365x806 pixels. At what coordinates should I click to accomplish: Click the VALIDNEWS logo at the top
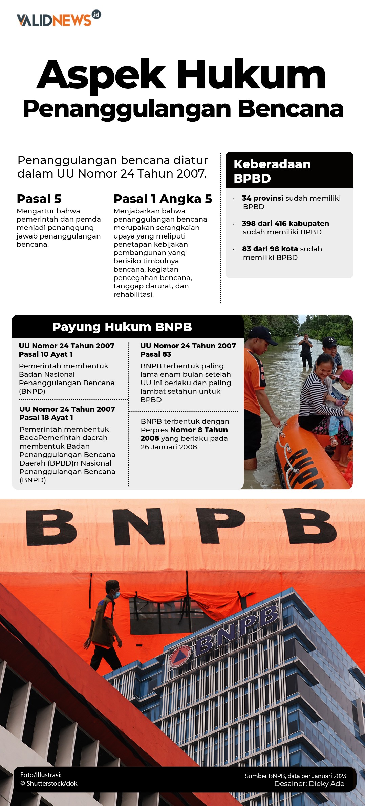(58, 19)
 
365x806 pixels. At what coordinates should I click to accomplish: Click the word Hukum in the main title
(251, 75)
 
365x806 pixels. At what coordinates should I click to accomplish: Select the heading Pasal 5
(39, 199)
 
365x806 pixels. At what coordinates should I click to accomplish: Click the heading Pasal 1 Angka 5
(163, 199)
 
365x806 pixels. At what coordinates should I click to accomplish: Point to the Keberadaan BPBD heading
(272, 171)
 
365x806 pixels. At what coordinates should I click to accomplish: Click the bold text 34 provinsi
(262, 198)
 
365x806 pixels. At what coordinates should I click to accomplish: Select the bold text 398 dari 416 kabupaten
(285, 224)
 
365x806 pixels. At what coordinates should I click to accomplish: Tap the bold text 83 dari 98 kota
(270, 249)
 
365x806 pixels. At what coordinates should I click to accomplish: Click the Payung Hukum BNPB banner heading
(122, 327)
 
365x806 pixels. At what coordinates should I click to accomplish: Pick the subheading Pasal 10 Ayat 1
(46, 354)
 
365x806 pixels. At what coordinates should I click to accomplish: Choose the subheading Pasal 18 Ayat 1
(46, 418)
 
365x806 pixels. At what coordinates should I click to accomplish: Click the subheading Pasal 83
(156, 354)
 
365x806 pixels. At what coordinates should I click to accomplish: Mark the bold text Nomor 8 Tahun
(199, 430)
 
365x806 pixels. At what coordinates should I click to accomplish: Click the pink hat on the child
(346, 376)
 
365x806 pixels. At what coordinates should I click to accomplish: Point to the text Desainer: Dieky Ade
(309, 784)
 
